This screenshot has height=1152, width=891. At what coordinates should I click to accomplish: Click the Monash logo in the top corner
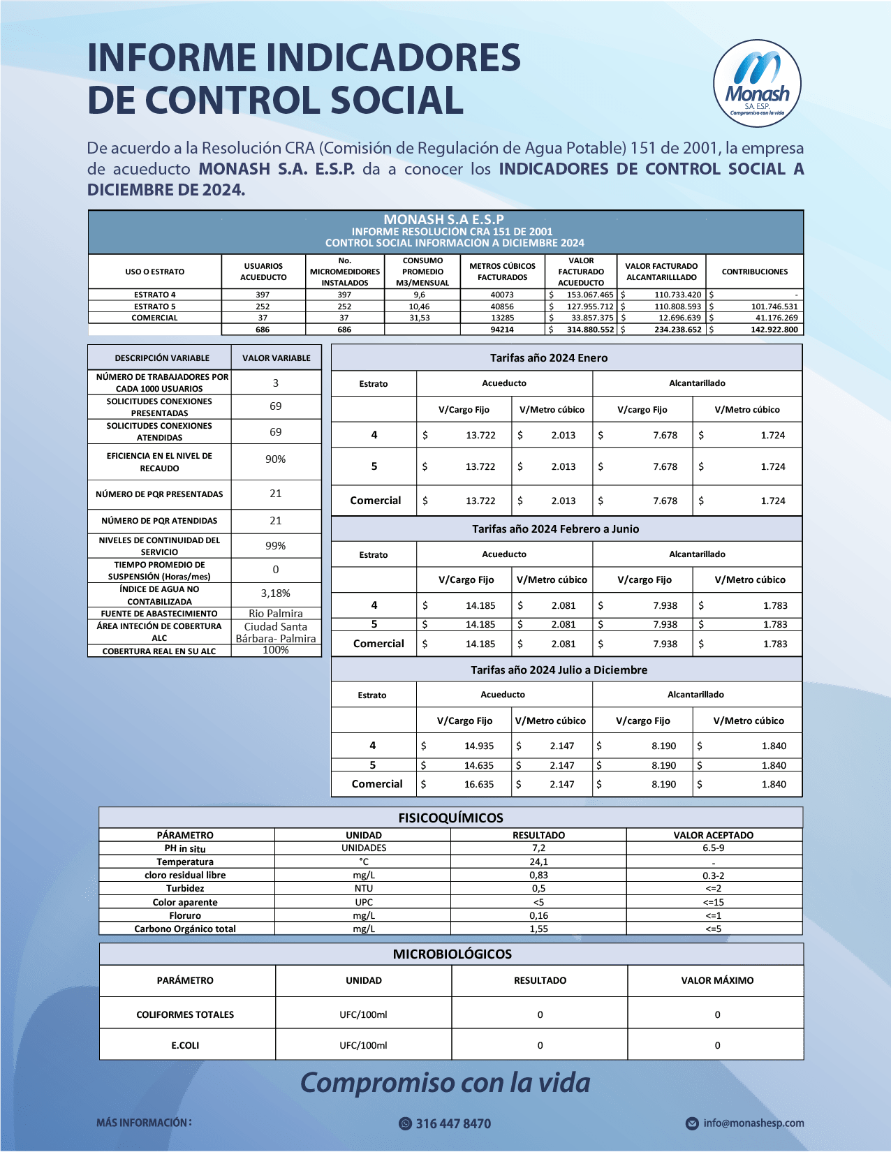pyautogui.click(x=757, y=83)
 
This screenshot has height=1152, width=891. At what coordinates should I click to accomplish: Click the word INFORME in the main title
pyautogui.click(x=172, y=58)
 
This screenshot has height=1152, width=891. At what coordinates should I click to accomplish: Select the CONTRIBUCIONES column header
pyautogui.click(x=754, y=272)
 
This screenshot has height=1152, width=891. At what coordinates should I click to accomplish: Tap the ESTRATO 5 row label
pyautogui.click(x=154, y=307)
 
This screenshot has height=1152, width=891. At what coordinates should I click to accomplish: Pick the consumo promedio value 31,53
pyautogui.click(x=419, y=318)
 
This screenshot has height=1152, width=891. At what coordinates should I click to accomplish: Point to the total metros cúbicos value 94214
pyautogui.click(x=501, y=330)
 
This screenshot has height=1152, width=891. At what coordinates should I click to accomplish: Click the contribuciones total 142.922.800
pyautogui.click(x=774, y=330)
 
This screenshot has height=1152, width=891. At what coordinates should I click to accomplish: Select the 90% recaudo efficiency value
pyautogui.click(x=275, y=459)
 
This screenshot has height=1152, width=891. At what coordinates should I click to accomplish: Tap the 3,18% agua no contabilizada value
pyautogui.click(x=275, y=593)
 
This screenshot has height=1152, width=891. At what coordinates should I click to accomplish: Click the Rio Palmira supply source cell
pyautogui.click(x=275, y=614)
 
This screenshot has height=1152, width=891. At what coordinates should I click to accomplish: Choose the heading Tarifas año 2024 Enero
pyautogui.click(x=549, y=358)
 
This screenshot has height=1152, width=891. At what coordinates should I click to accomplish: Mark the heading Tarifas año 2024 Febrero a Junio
pyautogui.click(x=555, y=529)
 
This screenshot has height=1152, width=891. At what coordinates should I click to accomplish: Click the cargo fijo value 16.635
pyautogui.click(x=478, y=784)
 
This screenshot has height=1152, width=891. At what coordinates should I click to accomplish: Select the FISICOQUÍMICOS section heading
pyautogui.click(x=450, y=818)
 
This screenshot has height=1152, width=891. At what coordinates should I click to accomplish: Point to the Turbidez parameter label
pyautogui.click(x=185, y=889)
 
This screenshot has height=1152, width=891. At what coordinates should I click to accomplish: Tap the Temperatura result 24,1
pyautogui.click(x=538, y=862)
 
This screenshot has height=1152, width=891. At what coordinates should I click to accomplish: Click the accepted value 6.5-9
pyautogui.click(x=713, y=848)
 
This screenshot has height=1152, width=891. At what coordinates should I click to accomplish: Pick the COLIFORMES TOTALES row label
pyautogui.click(x=185, y=1014)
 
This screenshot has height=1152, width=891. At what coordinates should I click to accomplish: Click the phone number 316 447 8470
pyautogui.click(x=452, y=1123)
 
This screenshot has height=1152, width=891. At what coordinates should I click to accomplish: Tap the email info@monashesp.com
pyautogui.click(x=753, y=1123)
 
